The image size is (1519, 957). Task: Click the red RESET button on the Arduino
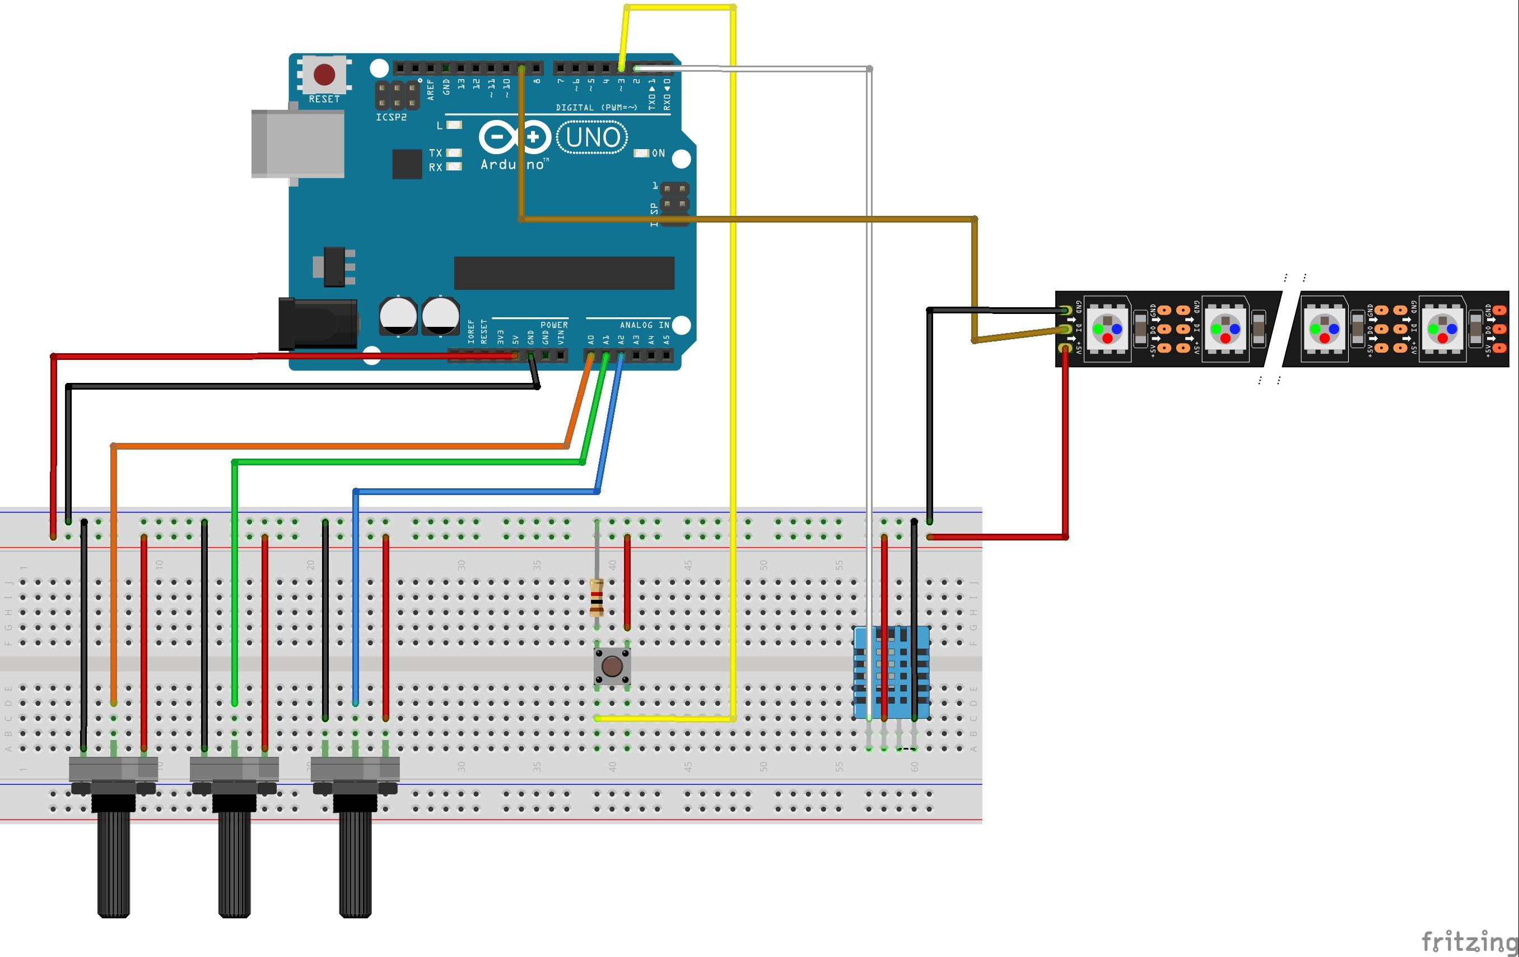coord(324,75)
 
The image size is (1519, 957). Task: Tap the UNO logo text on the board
coord(593,137)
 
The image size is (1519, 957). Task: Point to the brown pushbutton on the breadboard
coord(611,665)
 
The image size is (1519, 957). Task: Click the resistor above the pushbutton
coord(596,597)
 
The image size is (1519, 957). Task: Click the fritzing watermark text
coord(1469,941)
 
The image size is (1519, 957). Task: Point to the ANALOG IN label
coord(644,325)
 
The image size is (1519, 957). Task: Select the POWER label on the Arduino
coord(554,325)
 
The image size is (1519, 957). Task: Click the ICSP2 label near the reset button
coord(391,117)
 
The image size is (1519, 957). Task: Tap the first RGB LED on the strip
coord(1107,329)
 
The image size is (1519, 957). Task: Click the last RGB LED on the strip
coord(1442,329)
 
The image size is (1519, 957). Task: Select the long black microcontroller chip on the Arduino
coord(564,272)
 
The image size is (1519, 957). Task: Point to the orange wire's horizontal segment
coord(341,446)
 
